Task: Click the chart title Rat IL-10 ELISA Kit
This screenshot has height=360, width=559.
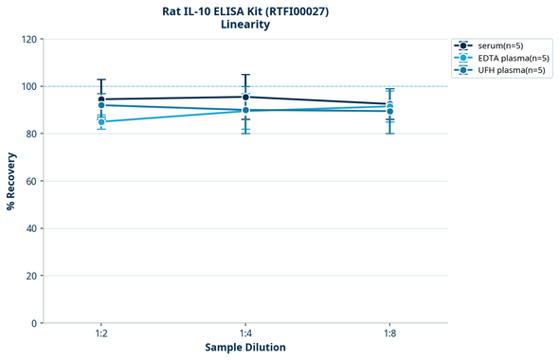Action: (x=245, y=10)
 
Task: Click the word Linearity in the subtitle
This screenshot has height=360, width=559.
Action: (x=245, y=25)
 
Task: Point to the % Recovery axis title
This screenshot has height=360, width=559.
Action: (x=11, y=181)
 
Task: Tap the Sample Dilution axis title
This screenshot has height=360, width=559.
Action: (x=245, y=347)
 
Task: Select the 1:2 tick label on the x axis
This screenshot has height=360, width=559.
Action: (x=101, y=333)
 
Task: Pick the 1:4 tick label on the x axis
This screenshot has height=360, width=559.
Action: (x=245, y=333)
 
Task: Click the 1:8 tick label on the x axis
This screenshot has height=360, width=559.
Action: (x=389, y=333)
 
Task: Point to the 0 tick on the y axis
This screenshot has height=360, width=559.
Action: (x=34, y=323)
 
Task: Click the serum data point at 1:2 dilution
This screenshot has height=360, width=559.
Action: (x=101, y=99)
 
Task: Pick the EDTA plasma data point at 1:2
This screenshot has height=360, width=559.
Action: (x=101, y=122)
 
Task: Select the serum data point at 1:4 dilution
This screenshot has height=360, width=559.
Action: (x=245, y=97)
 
